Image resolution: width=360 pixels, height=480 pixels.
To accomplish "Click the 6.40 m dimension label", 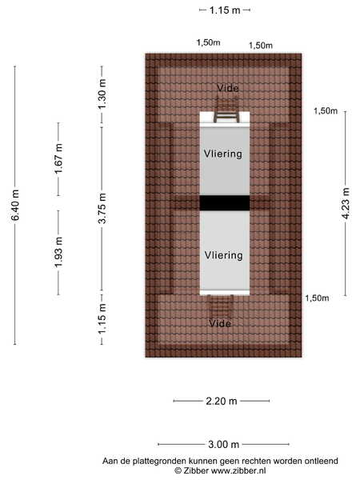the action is coord(15,205).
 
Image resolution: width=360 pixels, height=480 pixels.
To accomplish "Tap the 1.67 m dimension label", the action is coord(58,158).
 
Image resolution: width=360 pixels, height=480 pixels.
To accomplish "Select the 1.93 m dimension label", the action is coord(58,252).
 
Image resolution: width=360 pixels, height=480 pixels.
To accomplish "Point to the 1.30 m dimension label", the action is coord(102,94).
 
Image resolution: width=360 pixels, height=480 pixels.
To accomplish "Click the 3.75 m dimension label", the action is coord(102,208).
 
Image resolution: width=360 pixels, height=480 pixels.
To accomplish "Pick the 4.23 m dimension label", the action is coord(346,203).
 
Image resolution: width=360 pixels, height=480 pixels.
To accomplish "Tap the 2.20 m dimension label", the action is coord(222,401).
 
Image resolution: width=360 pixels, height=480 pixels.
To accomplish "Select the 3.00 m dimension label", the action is coord(223,444).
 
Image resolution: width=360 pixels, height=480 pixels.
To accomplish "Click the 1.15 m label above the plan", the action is coord(225,10).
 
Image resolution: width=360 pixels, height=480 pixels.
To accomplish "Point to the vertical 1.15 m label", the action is coord(102,318).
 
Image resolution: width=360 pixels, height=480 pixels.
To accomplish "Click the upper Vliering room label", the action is coord(223,154).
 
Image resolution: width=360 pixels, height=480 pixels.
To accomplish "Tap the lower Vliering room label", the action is coord(224,255).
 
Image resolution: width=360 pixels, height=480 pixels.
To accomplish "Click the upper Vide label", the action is coord(228,88).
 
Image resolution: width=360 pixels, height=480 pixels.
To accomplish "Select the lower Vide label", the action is coord(220,323).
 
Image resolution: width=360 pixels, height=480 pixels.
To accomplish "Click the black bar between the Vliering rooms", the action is coord(225,203).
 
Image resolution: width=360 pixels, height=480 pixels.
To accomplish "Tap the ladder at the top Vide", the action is coord(226,110).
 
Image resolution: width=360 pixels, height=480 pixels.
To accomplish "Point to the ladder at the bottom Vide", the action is coord(220,306).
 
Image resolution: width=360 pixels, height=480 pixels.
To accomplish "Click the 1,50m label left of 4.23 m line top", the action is coord(326,111).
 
